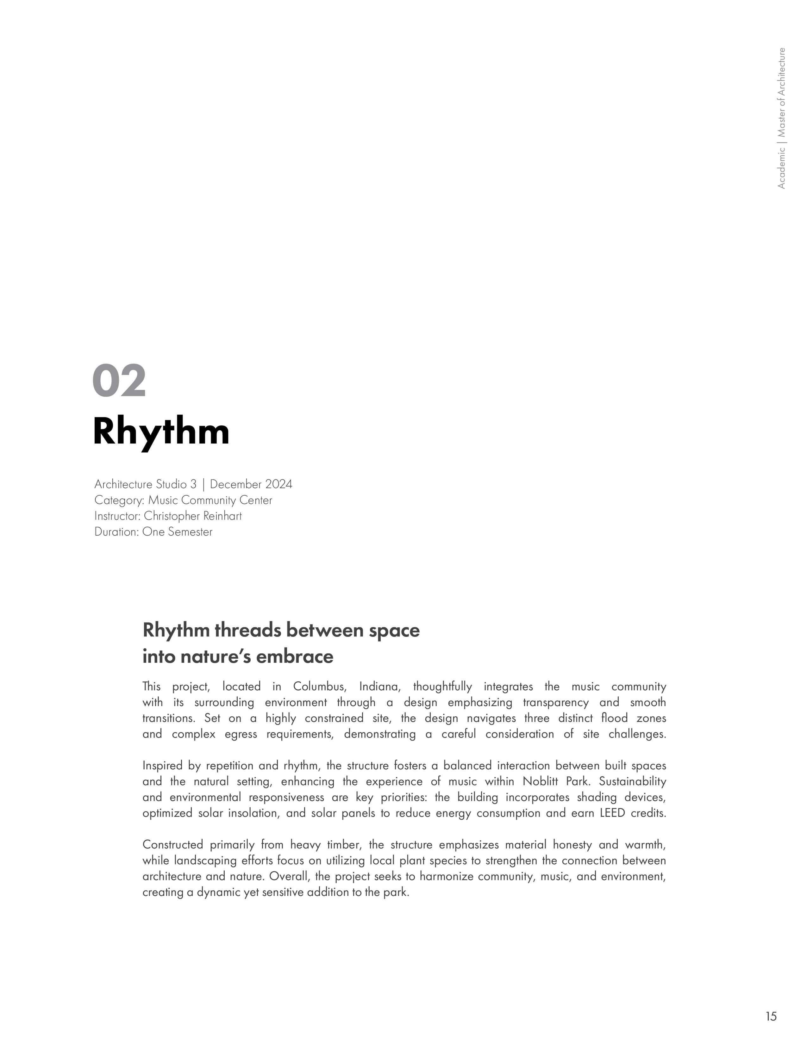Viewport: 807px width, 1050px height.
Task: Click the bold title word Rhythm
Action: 161,432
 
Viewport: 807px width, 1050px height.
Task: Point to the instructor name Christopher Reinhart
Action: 193,516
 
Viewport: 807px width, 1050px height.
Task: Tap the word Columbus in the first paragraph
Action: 319,687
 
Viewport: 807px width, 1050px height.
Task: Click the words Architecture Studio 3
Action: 146,484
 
